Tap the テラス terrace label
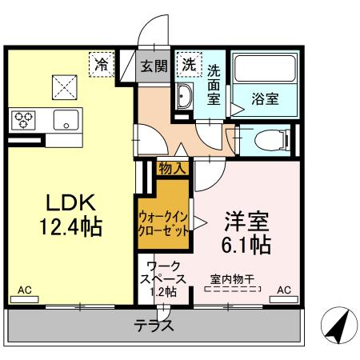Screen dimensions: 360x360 [154, 326]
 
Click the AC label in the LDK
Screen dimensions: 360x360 [24, 291]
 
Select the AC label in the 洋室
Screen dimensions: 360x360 [284, 291]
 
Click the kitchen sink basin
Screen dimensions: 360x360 [64, 121]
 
